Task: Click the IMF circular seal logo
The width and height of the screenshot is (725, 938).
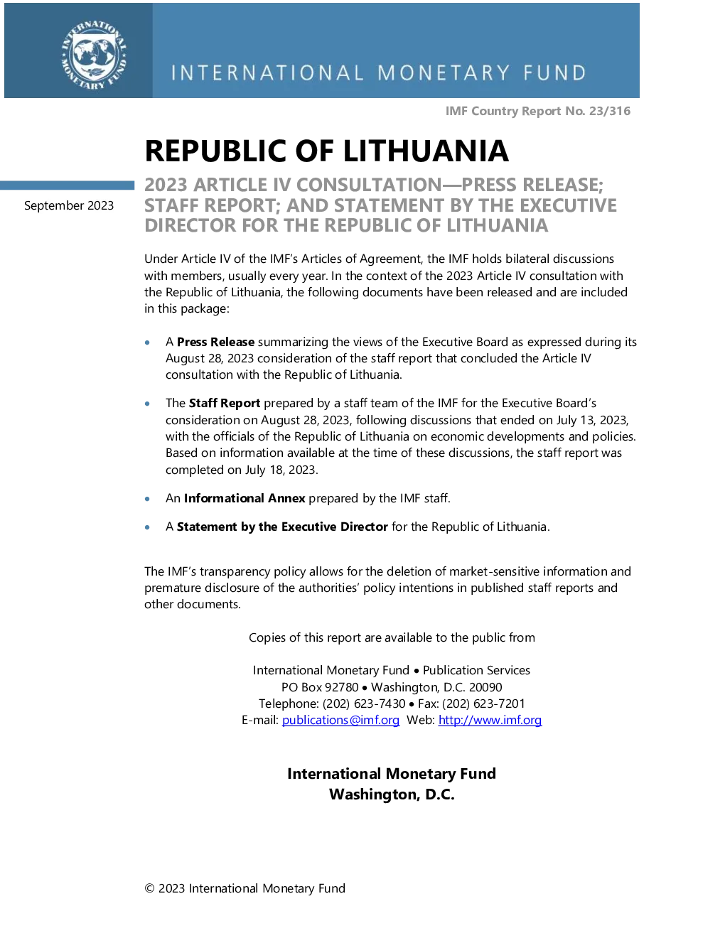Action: click(x=94, y=55)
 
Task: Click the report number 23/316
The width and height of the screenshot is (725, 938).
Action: click(x=610, y=111)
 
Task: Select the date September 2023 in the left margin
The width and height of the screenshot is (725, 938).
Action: click(x=69, y=205)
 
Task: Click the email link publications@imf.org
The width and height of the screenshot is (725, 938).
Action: click(x=340, y=720)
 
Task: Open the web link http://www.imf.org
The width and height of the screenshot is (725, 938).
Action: click(x=490, y=720)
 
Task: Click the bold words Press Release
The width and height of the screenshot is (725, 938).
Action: click(x=215, y=342)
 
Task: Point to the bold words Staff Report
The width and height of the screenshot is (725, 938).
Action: click(x=225, y=403)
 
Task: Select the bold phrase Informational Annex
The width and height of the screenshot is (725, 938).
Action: click(x=245, y=498)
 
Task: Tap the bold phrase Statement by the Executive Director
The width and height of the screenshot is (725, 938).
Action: click(x=282, y=527)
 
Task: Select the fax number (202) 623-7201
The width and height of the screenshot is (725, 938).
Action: click(x=483, y=703)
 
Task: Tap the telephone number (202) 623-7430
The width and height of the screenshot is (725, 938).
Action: click(x=364, y=703)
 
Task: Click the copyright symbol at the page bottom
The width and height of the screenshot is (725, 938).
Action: click(x=149, y=888)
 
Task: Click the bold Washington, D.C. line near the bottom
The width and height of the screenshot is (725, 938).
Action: click(x=392, y=794)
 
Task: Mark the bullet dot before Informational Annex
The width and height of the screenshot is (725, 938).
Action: click(x=148, y=499)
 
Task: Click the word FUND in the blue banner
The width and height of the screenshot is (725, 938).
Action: click(x=555, y=72)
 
